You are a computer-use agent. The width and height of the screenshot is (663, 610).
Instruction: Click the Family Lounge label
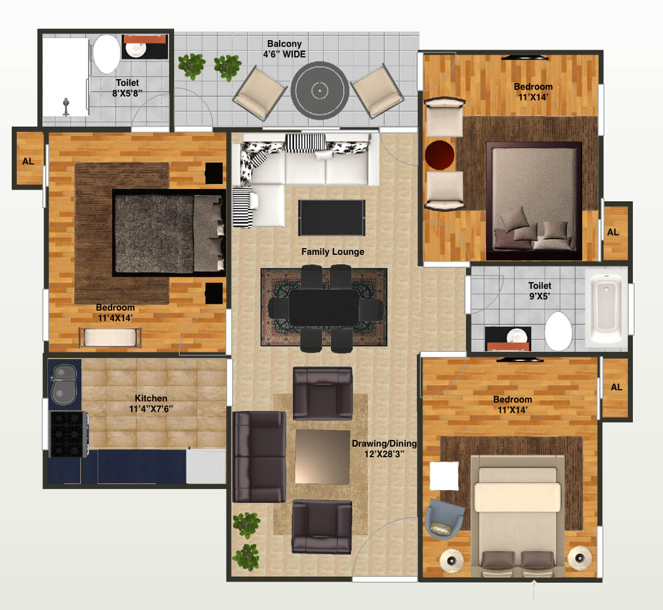tap(333, 251)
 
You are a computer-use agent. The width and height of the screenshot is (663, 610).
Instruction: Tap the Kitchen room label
tap(151, 398)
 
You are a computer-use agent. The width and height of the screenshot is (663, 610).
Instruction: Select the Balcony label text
tap(284, 43)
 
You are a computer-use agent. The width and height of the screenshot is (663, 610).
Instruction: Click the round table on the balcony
tap(320, 90)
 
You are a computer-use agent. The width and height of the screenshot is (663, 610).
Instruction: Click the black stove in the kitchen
tap(68, 434)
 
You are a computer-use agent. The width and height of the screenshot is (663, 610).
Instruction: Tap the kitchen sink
tap(65, 385)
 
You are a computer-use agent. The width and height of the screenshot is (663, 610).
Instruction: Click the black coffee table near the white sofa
tap(331, 217)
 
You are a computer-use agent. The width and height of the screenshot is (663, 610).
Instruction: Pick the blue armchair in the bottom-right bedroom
tap(443, 519)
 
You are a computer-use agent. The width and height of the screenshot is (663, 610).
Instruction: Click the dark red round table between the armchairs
tap(440, 155)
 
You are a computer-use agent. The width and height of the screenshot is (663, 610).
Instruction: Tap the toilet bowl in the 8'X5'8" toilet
tap(106, 54)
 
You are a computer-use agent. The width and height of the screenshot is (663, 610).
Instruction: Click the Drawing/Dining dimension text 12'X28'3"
tap(384, 454)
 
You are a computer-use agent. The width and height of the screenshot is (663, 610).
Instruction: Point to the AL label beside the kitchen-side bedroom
tap(28, 161)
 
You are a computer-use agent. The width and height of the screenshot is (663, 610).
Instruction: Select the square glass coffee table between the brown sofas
tap(323, 457)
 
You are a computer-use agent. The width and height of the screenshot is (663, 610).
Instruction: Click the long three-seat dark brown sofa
tap(259, 457)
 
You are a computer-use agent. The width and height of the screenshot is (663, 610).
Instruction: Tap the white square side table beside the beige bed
tap(444, 476)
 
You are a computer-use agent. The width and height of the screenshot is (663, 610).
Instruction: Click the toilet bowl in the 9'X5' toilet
tap(558, 331)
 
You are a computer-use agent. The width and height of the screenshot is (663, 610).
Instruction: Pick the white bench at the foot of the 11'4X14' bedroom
tap(110, 338)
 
